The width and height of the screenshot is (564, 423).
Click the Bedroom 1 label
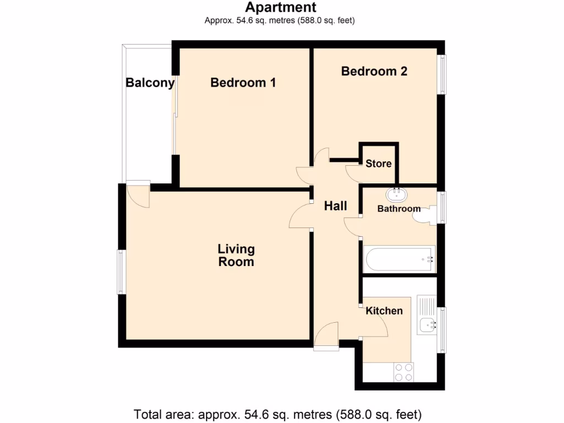243,83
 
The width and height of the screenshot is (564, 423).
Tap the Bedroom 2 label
374,71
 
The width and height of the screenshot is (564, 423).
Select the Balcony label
150,83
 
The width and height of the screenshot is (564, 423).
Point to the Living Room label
236,256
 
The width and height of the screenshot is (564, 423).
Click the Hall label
335,206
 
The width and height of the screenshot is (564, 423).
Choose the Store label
378,164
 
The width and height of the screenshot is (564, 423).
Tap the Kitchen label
384,311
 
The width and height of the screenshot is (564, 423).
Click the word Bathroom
399,209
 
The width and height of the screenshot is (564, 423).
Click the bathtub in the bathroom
399,258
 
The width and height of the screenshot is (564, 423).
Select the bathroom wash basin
397,194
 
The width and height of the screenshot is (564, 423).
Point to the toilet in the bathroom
425,214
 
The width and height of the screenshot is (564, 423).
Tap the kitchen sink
427,325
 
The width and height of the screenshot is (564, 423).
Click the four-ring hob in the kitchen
403,372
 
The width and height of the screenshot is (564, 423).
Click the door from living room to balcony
138,196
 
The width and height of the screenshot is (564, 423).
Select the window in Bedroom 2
442,74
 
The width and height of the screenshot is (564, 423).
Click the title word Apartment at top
281,7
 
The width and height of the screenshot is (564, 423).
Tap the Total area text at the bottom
278,414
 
